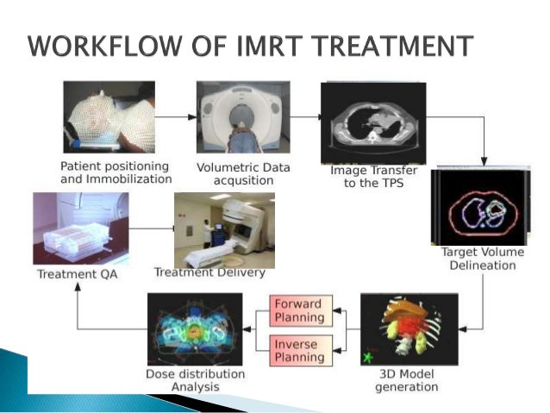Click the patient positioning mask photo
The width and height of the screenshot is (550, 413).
click(109, 117)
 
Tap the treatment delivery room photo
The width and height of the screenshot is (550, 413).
click(224, 230)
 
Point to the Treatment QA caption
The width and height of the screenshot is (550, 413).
click(79, 275)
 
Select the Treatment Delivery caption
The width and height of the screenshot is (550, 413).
click(209, 273)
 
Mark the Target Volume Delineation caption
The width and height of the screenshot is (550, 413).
click(478, 259)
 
